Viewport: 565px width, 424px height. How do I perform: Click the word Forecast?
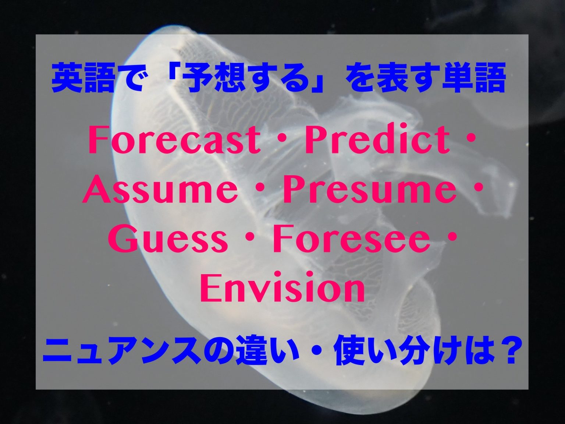(174, 140)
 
